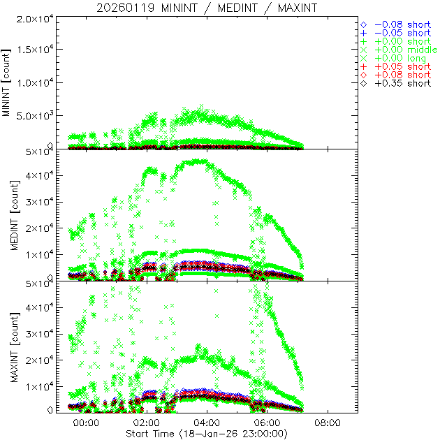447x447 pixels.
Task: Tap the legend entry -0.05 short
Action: pos(401,33)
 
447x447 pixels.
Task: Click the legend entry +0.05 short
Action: pos(401,66)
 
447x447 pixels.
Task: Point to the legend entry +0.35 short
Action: pos(401,83)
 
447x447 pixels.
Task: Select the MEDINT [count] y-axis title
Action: pos(8,214)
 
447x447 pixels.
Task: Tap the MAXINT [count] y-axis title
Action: pos(8,346)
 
